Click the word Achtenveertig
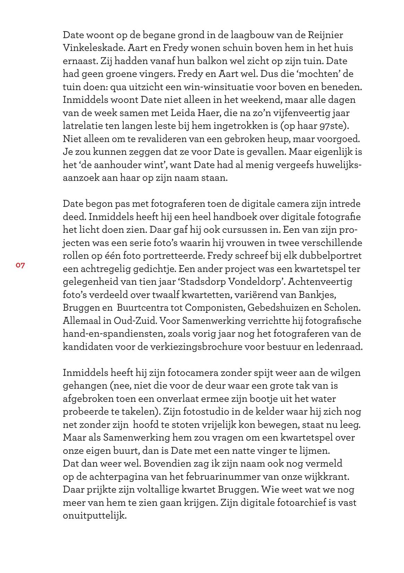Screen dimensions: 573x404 click(x=323, y=282)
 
